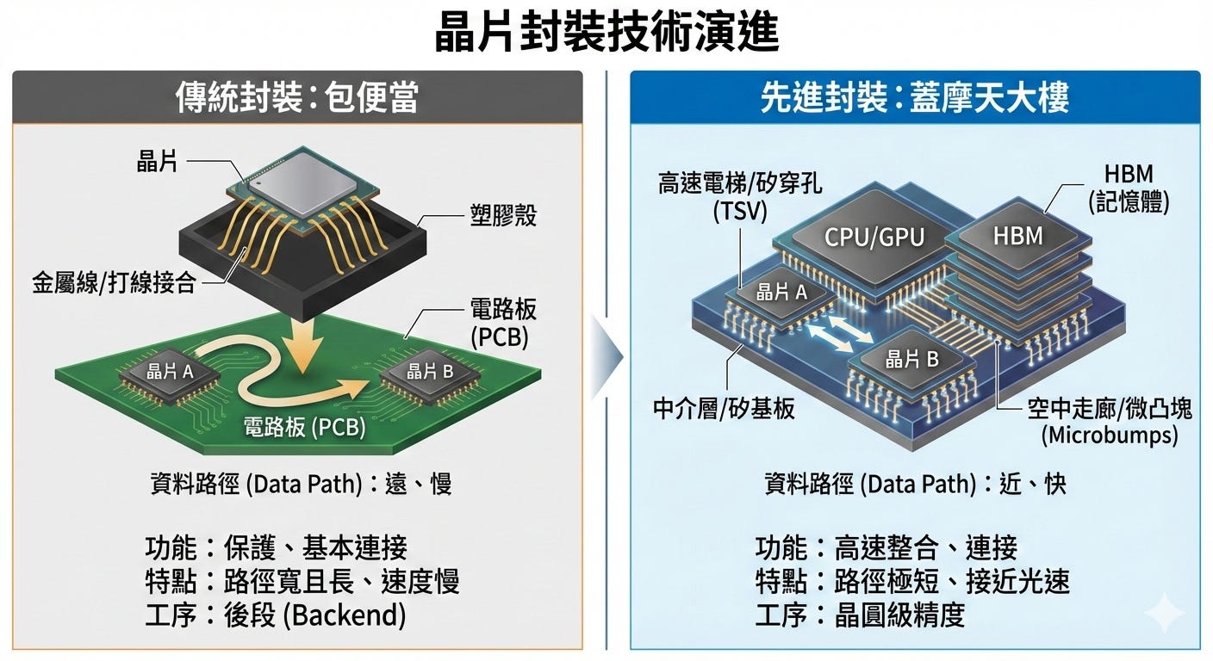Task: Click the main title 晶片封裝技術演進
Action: click(x=606, y=34)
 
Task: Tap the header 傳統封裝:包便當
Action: click(x=296, y=97)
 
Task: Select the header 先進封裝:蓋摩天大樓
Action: click(x=914, y=97)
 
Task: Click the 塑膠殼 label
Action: click(x=503, y=214)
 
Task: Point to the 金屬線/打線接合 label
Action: click(x=114, y=282)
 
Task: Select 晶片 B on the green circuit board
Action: click(x=429, y=372)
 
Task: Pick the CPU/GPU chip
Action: click(x=874, y=237)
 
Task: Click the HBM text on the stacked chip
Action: click(x=1017, y=235)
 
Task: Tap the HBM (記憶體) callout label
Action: click(x=1128, y=188)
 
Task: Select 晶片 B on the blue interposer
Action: click(x=911, y=361)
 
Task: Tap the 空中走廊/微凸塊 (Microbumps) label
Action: click(x=1110, y=421)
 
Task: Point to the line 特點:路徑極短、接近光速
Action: click(x=911, y=581)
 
